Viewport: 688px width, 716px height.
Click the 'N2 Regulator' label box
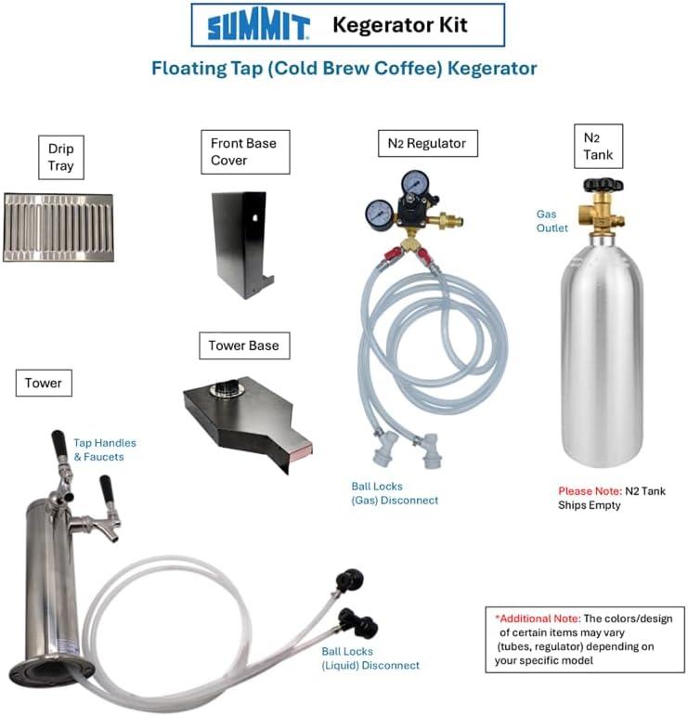click(426, 143)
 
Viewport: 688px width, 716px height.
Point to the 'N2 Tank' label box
click(598, 146)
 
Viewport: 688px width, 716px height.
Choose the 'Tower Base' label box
click(243, 345)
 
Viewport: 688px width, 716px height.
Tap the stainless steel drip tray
click(58, 228)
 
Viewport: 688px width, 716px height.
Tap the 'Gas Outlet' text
click(547, 220)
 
